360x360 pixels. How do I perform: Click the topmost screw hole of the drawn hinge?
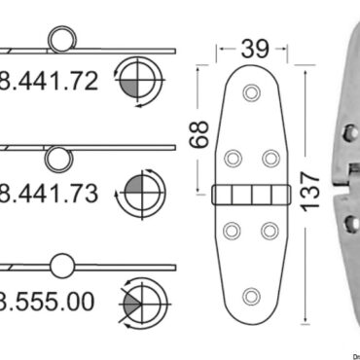coord(252,92)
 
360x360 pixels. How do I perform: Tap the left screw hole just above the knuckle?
coord(234,157)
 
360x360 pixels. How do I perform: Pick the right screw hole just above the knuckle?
coord(270,157)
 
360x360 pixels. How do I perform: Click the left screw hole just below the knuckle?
coord(234,231)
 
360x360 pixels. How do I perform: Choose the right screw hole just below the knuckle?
coord(270,231)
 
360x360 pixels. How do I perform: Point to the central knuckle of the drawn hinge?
coord(252,194)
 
